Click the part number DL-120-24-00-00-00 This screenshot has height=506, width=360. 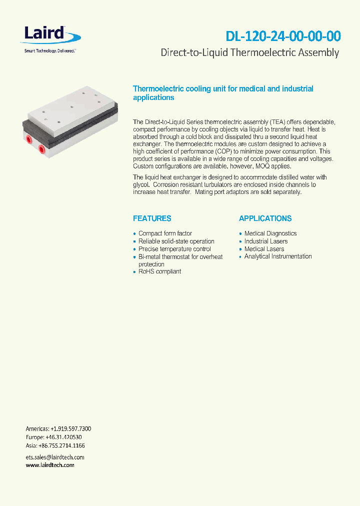coord(283,36)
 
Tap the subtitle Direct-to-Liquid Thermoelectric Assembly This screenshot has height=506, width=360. coord(249,52)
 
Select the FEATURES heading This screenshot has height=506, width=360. coord(152,218)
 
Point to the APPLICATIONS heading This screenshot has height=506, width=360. coord(265,218)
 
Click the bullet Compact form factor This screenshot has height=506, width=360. coord(165,233)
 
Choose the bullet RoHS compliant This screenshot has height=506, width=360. coord(159,271)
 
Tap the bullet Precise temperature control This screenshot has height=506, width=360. coord(174,249)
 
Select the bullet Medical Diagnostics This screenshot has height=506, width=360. coord(270,233)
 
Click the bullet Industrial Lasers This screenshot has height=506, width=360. coord(265,241)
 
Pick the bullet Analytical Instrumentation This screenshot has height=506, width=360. coord(278,256)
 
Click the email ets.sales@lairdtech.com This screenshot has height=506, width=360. coord(55,457)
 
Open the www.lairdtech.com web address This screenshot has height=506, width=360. coord(50,465)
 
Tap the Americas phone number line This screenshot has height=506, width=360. coord(58,429)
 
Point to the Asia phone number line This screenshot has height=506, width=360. coord(55,445)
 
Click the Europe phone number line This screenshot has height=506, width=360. coord(54,437)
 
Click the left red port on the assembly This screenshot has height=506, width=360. coord(29,139)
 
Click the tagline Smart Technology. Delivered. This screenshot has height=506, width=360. coord(50,51)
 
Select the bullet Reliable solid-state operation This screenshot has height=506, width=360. coord(176,241)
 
